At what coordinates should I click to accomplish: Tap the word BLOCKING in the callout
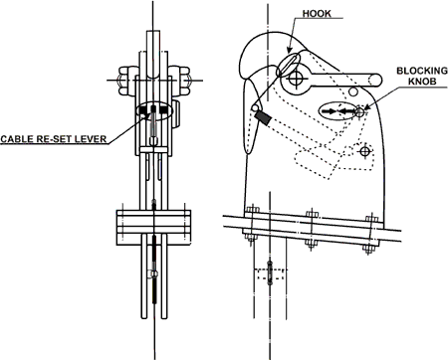click(415, 73)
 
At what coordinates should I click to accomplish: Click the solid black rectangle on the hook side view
click(265, 116)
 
